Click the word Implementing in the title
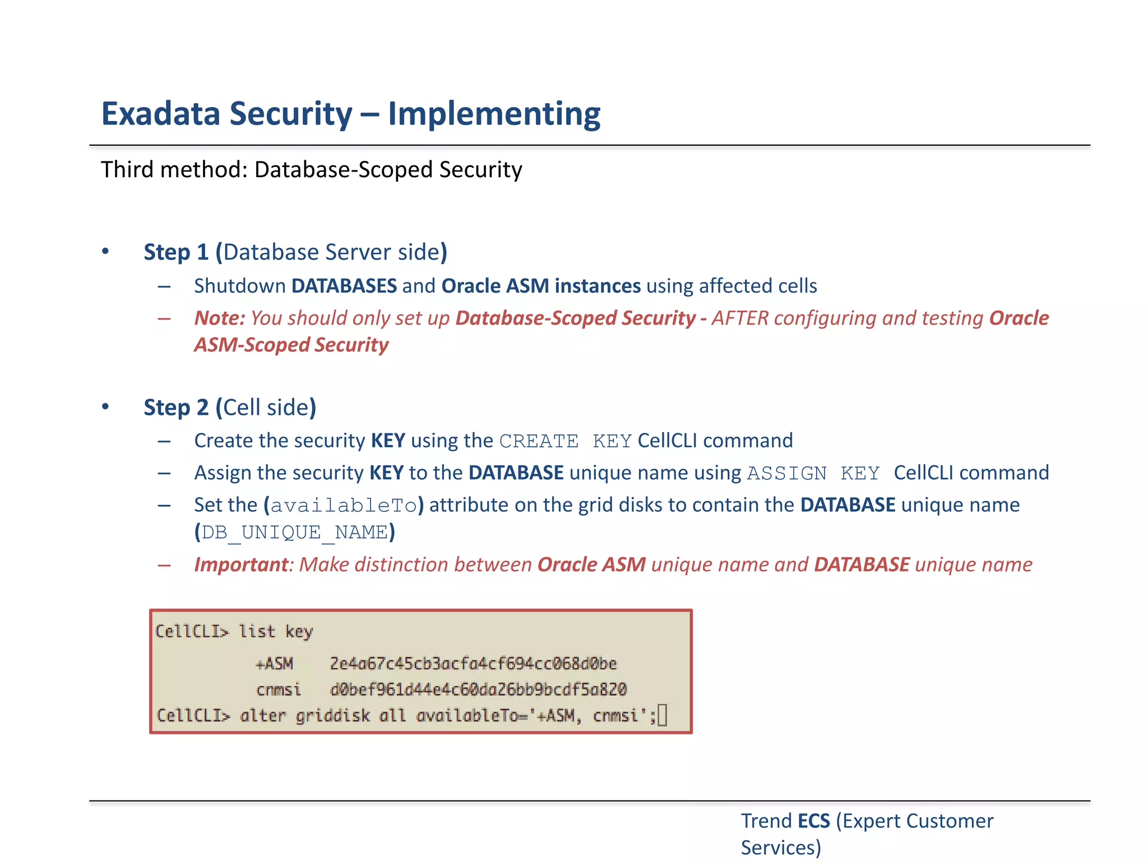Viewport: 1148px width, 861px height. click(x=494, y=114)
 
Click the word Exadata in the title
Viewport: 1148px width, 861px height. click(x=161, y=114)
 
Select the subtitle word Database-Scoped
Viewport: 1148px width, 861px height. click(x=344, y=170)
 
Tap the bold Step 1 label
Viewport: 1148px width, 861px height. click(x=176, y=252)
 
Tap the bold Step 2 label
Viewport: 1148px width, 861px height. click(x=176, y=408)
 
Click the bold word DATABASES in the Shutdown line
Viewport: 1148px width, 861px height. click(x=344, y=286)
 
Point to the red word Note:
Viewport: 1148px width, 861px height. click(x=219, y=318)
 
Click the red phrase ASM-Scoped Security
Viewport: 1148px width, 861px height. click(x=291, y=345)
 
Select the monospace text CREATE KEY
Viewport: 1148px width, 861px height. click(x=565, y=442)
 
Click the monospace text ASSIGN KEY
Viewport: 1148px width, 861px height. click(x=813, y=474)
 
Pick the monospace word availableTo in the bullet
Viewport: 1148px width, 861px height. click(x=344, y=506)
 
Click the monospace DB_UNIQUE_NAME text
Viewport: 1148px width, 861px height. click(x=294, y=533)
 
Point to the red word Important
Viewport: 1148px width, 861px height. click(x=241, y=564)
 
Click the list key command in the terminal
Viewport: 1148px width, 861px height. click(x=275, y=632)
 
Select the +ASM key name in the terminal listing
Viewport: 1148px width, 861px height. click(x=274, y=664)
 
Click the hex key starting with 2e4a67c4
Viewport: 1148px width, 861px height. click(x=473, y=664)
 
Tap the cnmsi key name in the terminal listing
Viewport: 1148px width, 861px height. click(x=278, y=689)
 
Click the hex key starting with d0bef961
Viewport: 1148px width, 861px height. click(x=478, y=689)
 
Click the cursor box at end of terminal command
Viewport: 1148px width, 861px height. click(x=662, y=716)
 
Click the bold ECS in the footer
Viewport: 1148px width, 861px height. click(x=813, y=821)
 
